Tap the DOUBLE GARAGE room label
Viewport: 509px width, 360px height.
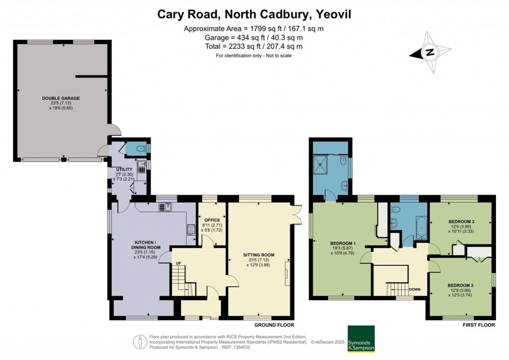[x=61, y=98]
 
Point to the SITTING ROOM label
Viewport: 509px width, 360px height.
[x=258, y=255]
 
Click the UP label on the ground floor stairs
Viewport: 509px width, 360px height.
[x=177, y=263]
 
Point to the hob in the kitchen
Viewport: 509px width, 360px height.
[x=191, y=229]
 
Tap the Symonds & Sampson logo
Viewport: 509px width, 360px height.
[x=361, y=339]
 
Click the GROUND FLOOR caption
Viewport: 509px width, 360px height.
[x=273, y=325]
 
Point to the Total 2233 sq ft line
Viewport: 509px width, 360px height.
[x=254, y=46]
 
